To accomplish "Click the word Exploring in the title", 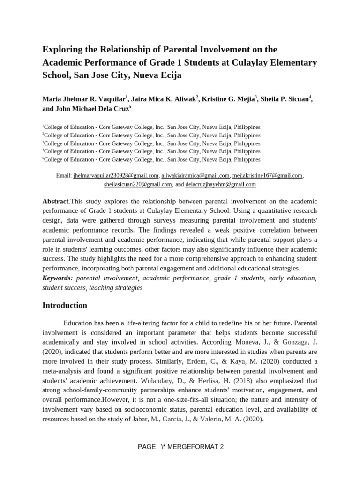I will point(62,49).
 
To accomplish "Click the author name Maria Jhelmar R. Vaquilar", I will point(83,99).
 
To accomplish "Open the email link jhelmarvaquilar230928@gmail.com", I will point(116,175).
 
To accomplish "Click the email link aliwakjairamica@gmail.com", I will point(195,175).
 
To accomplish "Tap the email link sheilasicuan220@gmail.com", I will point(138,184).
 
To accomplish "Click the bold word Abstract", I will point(56,201).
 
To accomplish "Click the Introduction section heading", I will point(65,305).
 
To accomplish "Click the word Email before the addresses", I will point(63,175).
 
